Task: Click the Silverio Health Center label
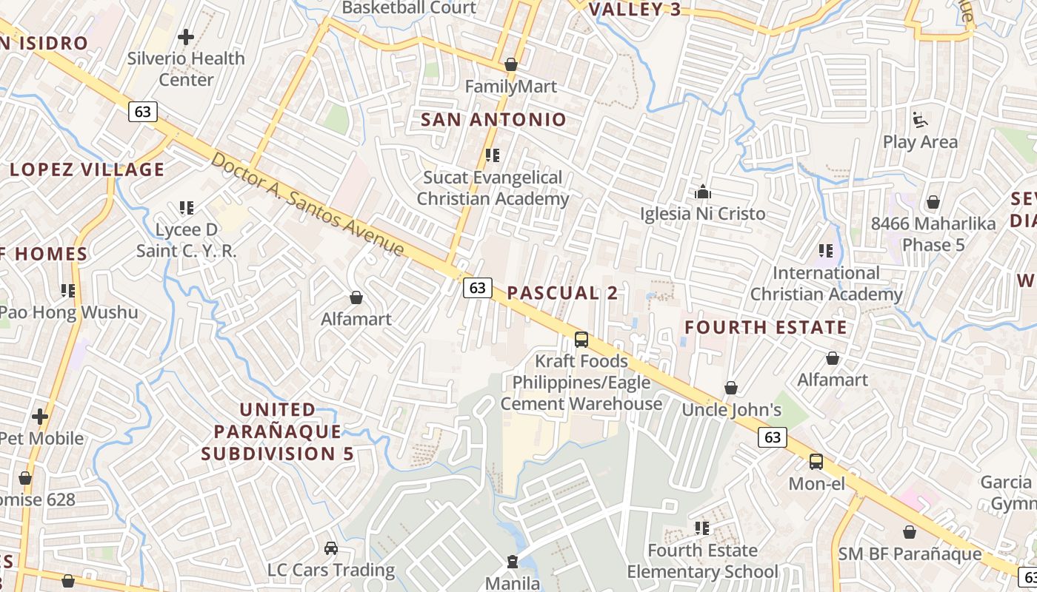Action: (186, 68)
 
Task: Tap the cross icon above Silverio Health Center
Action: (186, 36)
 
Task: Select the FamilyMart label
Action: (510, 87)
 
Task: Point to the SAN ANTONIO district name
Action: (493, 119)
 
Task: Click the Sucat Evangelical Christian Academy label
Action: (493, 188)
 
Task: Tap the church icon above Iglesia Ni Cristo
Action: (703, 192)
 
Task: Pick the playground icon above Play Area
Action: (920, 119)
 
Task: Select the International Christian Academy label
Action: (827, 283)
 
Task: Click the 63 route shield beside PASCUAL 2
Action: (478, 288)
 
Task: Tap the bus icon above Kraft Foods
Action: (581, 340)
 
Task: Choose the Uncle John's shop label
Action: (732, 410)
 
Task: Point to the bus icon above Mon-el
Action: (816, 462)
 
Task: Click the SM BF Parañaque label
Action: (910, 554)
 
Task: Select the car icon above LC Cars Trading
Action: (331, 548)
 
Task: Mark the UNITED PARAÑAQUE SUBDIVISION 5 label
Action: (278, 431)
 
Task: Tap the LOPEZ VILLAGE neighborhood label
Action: (87, 169)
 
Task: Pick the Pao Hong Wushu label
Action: (69, 312)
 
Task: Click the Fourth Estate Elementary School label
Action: (702, 561)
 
